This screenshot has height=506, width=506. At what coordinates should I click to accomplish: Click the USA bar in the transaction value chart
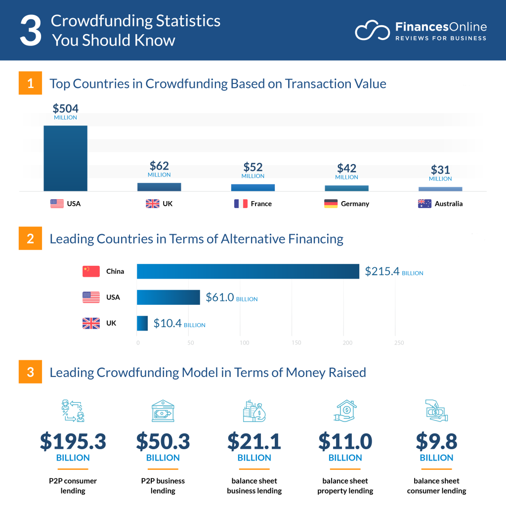click(x=65, y=158)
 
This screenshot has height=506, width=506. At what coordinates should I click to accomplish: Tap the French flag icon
click(x=241, y=204)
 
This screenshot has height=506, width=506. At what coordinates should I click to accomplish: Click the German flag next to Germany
click(x=331, y=204)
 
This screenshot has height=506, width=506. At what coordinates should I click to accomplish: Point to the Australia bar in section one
click(x=440, y=189)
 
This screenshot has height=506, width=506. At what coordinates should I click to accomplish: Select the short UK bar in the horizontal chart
click(x=142, y=323)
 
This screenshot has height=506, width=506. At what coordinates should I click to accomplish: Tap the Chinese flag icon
click(x=91, y=271)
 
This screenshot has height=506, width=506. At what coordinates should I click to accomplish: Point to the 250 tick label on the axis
click(x=399, y=343)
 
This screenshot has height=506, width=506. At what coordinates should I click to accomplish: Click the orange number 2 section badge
click(x=31, y=239)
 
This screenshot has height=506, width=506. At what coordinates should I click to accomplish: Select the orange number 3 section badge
click(x=31, y=372)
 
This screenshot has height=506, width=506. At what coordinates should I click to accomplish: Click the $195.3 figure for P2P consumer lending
click(x=73, y=441)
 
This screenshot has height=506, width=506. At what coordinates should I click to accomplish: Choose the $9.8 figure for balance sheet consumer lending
click(x=436, y=441)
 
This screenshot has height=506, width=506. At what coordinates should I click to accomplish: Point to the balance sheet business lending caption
click(x=254, y=486)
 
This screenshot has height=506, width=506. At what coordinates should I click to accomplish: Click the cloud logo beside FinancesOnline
click(x=372, y=30)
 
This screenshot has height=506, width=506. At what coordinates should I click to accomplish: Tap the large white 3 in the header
click(x=31, y=31)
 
